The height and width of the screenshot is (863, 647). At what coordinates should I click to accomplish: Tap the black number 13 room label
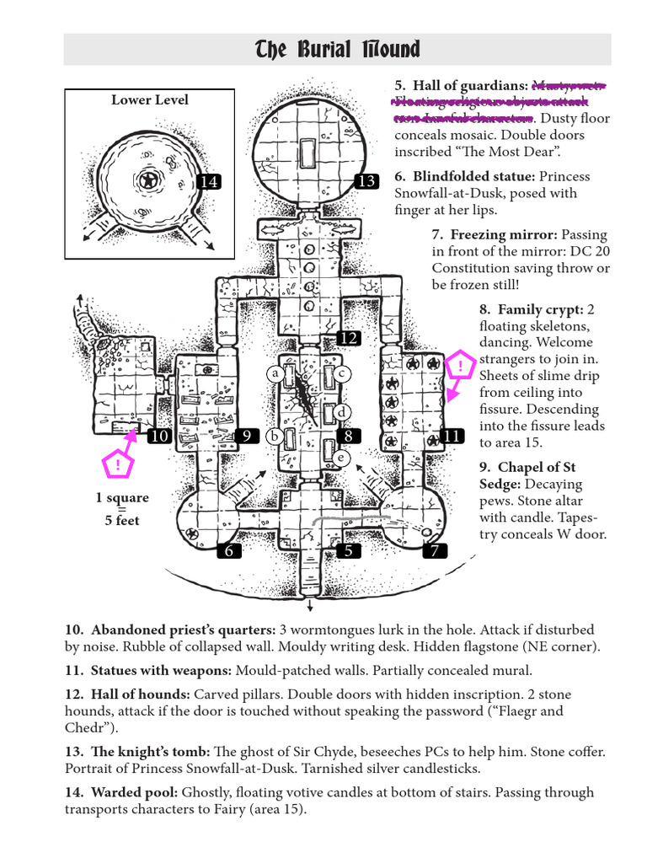pos(366,182)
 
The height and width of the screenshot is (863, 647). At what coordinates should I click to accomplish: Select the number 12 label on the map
pos(349,338)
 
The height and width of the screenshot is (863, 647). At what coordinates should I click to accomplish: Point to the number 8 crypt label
pos(347,436)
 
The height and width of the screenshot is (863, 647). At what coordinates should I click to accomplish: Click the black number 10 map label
pos(159,436)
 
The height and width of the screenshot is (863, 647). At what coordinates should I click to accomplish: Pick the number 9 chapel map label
pos(247,436)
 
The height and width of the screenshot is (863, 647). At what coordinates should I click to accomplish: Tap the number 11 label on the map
pos(452,436)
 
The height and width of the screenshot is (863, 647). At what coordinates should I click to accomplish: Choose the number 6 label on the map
pos(228,551)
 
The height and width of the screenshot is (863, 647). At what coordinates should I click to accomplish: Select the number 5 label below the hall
pos(347,551)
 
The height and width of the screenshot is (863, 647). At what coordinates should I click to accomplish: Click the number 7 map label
pos(435,551)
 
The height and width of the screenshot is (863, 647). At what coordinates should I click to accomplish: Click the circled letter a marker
pos(275,373)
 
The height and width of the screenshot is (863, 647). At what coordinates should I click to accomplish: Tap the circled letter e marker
pos(341,458)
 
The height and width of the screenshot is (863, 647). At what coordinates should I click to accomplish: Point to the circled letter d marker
pos(342,411)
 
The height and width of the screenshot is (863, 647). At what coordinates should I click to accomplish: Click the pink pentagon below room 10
pos(118,464)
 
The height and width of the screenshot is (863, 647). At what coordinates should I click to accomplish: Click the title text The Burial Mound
pos(337,50)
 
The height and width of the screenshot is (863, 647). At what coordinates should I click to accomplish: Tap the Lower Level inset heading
pos(150,100)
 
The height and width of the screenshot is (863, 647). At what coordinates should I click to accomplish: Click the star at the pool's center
pos(149,180)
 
